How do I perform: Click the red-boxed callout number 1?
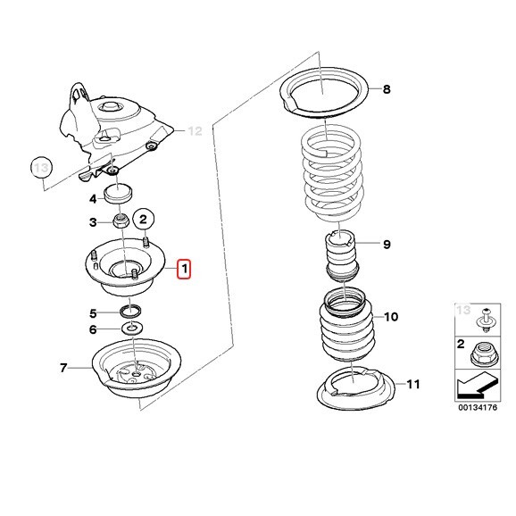184,269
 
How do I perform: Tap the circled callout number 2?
143,219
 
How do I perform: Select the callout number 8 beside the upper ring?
387,89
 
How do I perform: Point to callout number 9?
387,245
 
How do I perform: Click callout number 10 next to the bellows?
391,317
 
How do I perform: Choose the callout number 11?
413,384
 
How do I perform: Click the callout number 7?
63,367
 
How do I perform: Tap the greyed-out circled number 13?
41,168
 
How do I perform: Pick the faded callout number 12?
195,131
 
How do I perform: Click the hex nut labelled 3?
121,221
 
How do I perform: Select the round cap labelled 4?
118,194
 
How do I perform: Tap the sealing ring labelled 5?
131,312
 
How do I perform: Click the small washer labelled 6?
132,328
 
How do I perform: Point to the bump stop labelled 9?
342,256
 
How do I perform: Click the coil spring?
332,174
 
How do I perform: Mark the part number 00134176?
478,407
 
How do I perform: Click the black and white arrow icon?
478,384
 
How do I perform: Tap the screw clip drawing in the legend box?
486,320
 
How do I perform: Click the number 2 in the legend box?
461,345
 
